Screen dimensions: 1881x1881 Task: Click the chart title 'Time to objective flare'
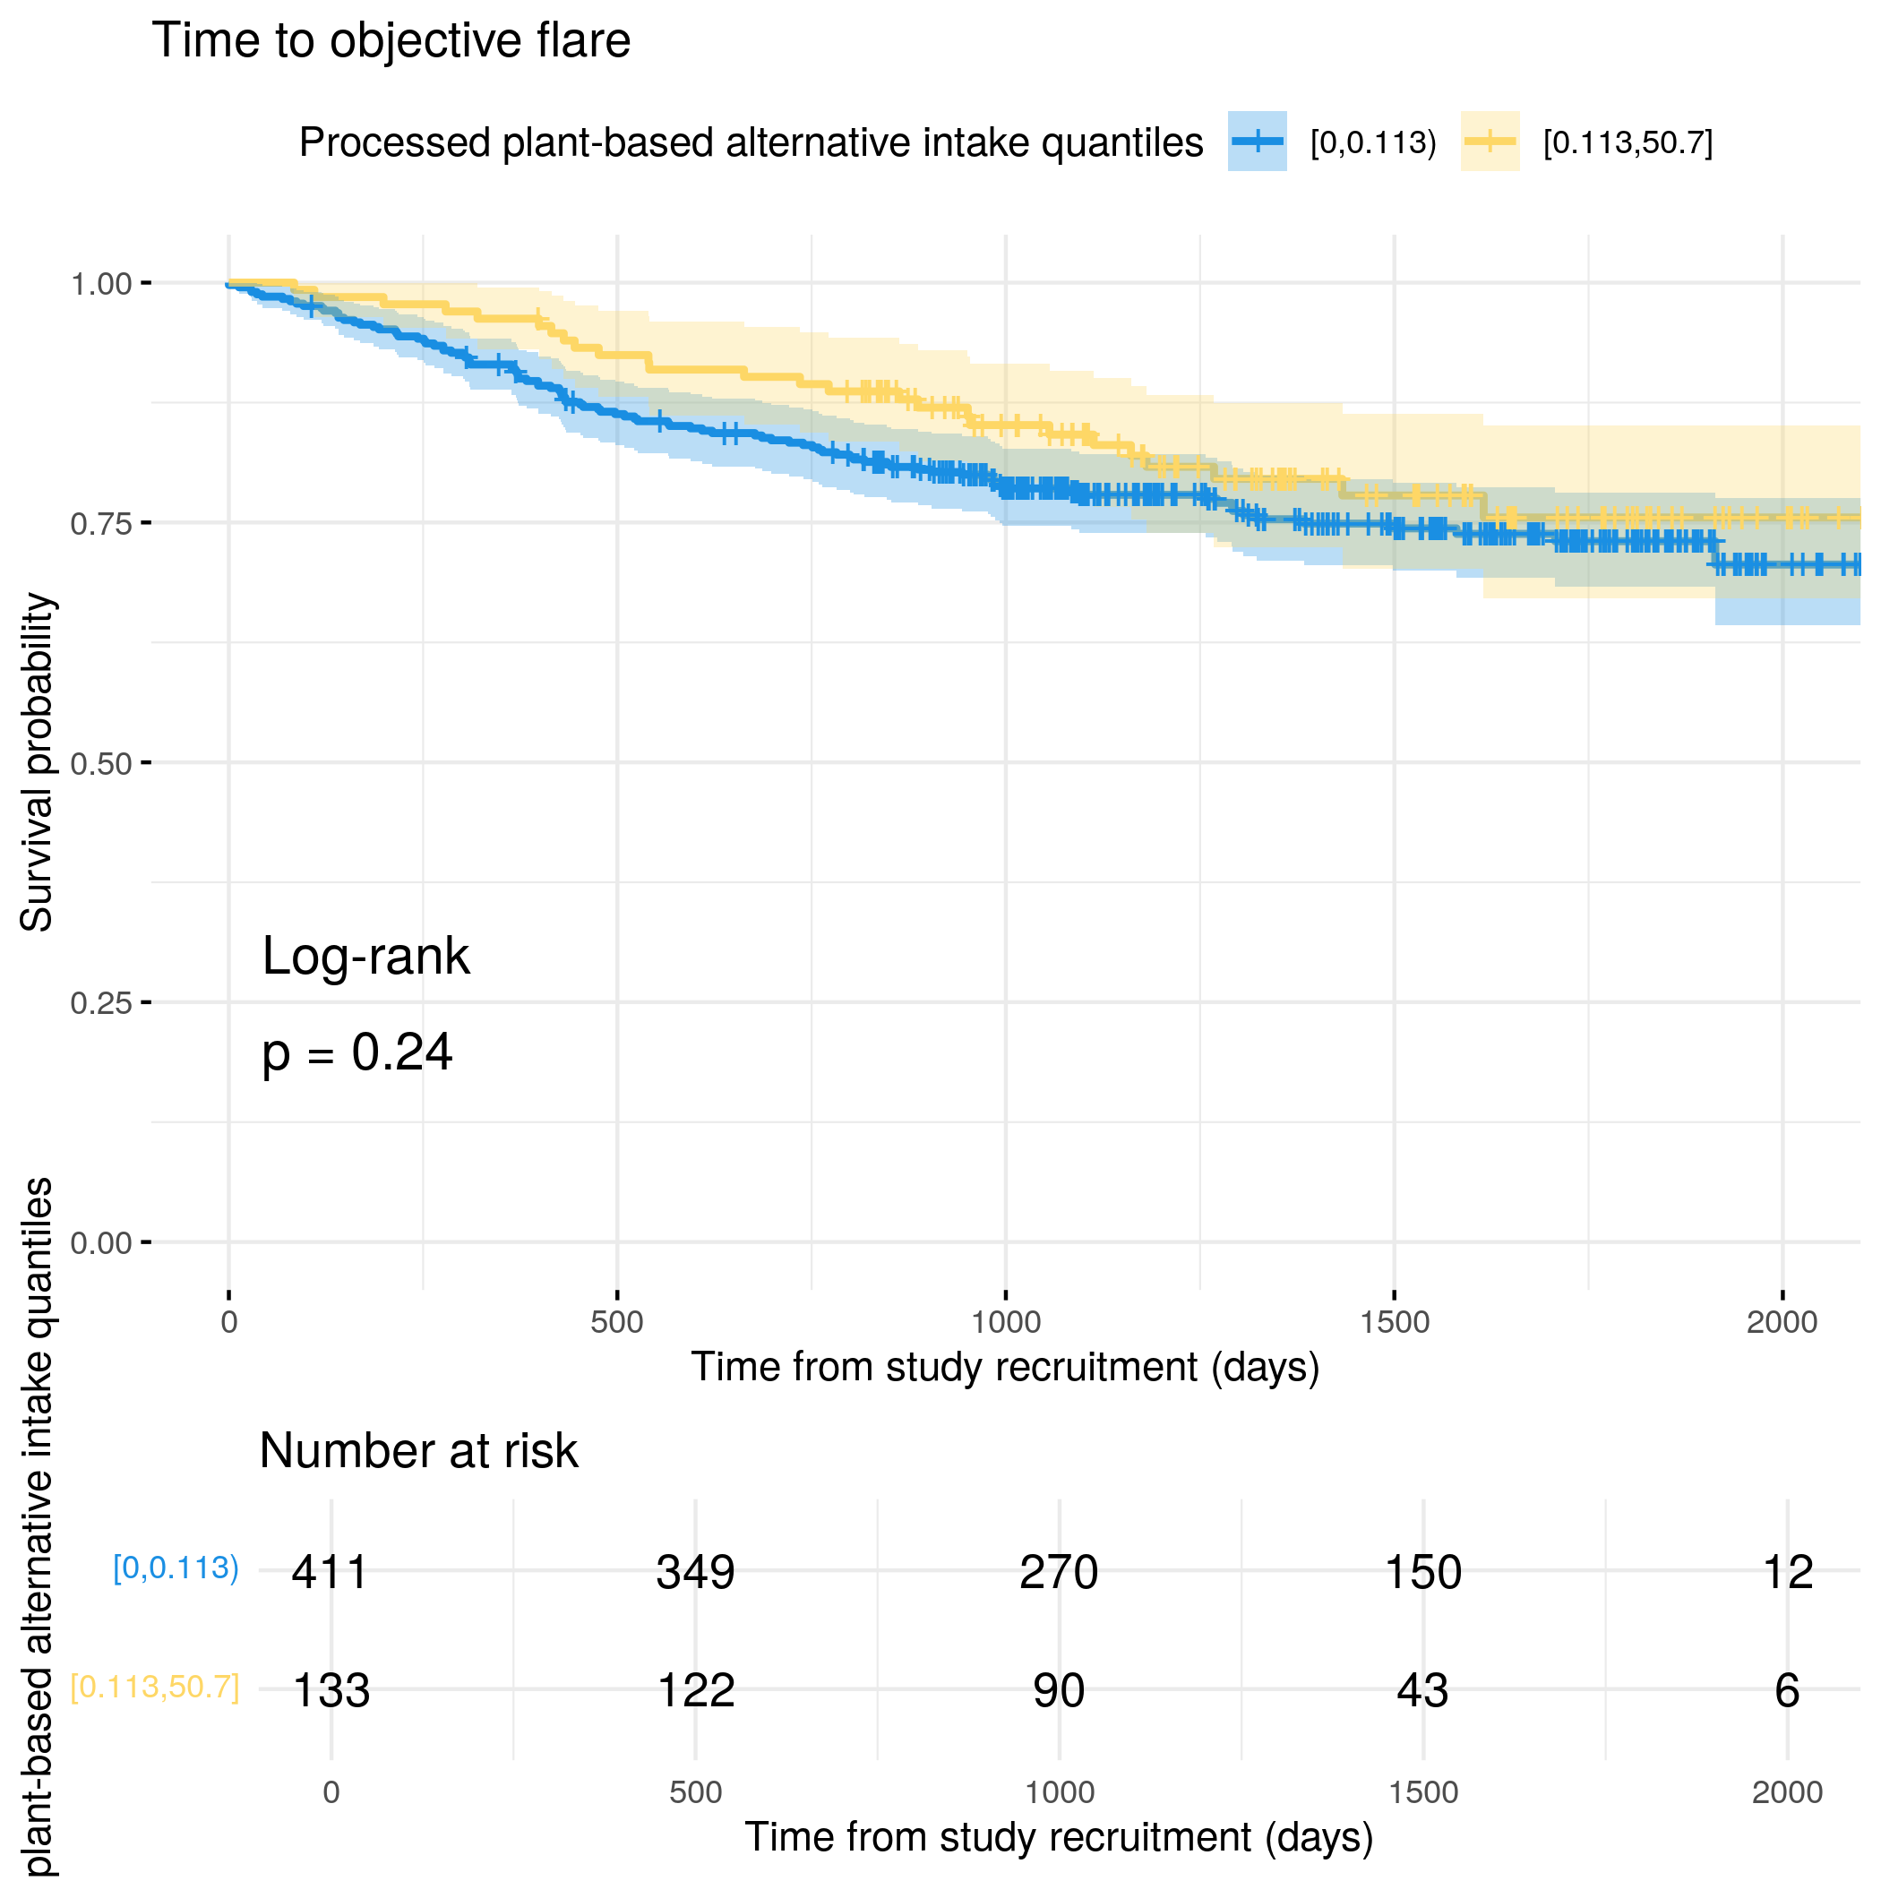(x=391, y=42)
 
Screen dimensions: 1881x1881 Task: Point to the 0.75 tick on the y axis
(x=100, y=524)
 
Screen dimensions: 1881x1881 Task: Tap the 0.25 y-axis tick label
(x=100, y=1003)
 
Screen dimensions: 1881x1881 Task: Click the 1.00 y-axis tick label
(x=100, y=284)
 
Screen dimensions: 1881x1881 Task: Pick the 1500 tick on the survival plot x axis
(x=1395, y=1322)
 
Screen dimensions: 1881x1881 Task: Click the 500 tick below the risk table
(x=695, y=1792)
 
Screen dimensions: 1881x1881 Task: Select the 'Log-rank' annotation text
(x=365, y=956)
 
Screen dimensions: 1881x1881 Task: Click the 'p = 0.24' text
(x=357, y=1052)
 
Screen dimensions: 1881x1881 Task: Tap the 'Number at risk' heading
(x=418, y=1451)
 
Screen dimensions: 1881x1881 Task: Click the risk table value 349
(x=695, y=1572)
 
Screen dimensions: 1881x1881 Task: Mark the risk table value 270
(x=1059, y=1572)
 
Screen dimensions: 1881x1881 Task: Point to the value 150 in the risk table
(x=1422, y=1572)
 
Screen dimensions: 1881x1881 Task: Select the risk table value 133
(x=331, y=1691)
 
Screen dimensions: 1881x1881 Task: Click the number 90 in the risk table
(x=1059, y=1691)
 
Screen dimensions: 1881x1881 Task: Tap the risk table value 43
(x=1422, y=1691)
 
